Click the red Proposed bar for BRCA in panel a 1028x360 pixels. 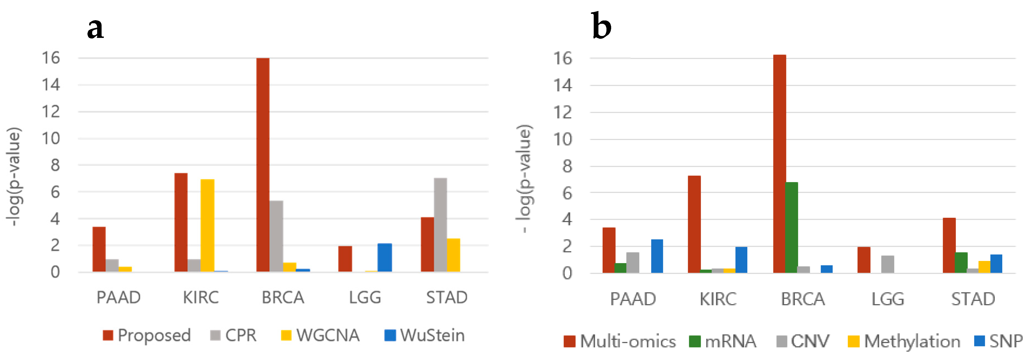pos(263,165)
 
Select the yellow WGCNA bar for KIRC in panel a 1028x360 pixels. pos(207,226)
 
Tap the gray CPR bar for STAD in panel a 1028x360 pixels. pos(440,225)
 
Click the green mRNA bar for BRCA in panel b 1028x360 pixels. pos(791,227)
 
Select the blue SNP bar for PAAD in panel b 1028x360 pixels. pos(657,256)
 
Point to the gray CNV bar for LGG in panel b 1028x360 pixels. pos(887,264)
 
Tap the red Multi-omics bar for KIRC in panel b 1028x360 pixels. pos(694,224)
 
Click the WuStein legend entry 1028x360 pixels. pos(425,335)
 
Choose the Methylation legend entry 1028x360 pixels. pos(904,341)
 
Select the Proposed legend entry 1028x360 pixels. pos(147,335)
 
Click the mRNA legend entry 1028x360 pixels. pos(723,341)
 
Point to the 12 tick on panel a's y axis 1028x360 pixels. pos(51,112)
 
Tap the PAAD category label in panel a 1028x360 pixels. pos(118,297)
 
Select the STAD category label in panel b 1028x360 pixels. pos(973,299)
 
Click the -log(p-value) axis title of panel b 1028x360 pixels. pos(524,178)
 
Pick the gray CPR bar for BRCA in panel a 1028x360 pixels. pos(276,236)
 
